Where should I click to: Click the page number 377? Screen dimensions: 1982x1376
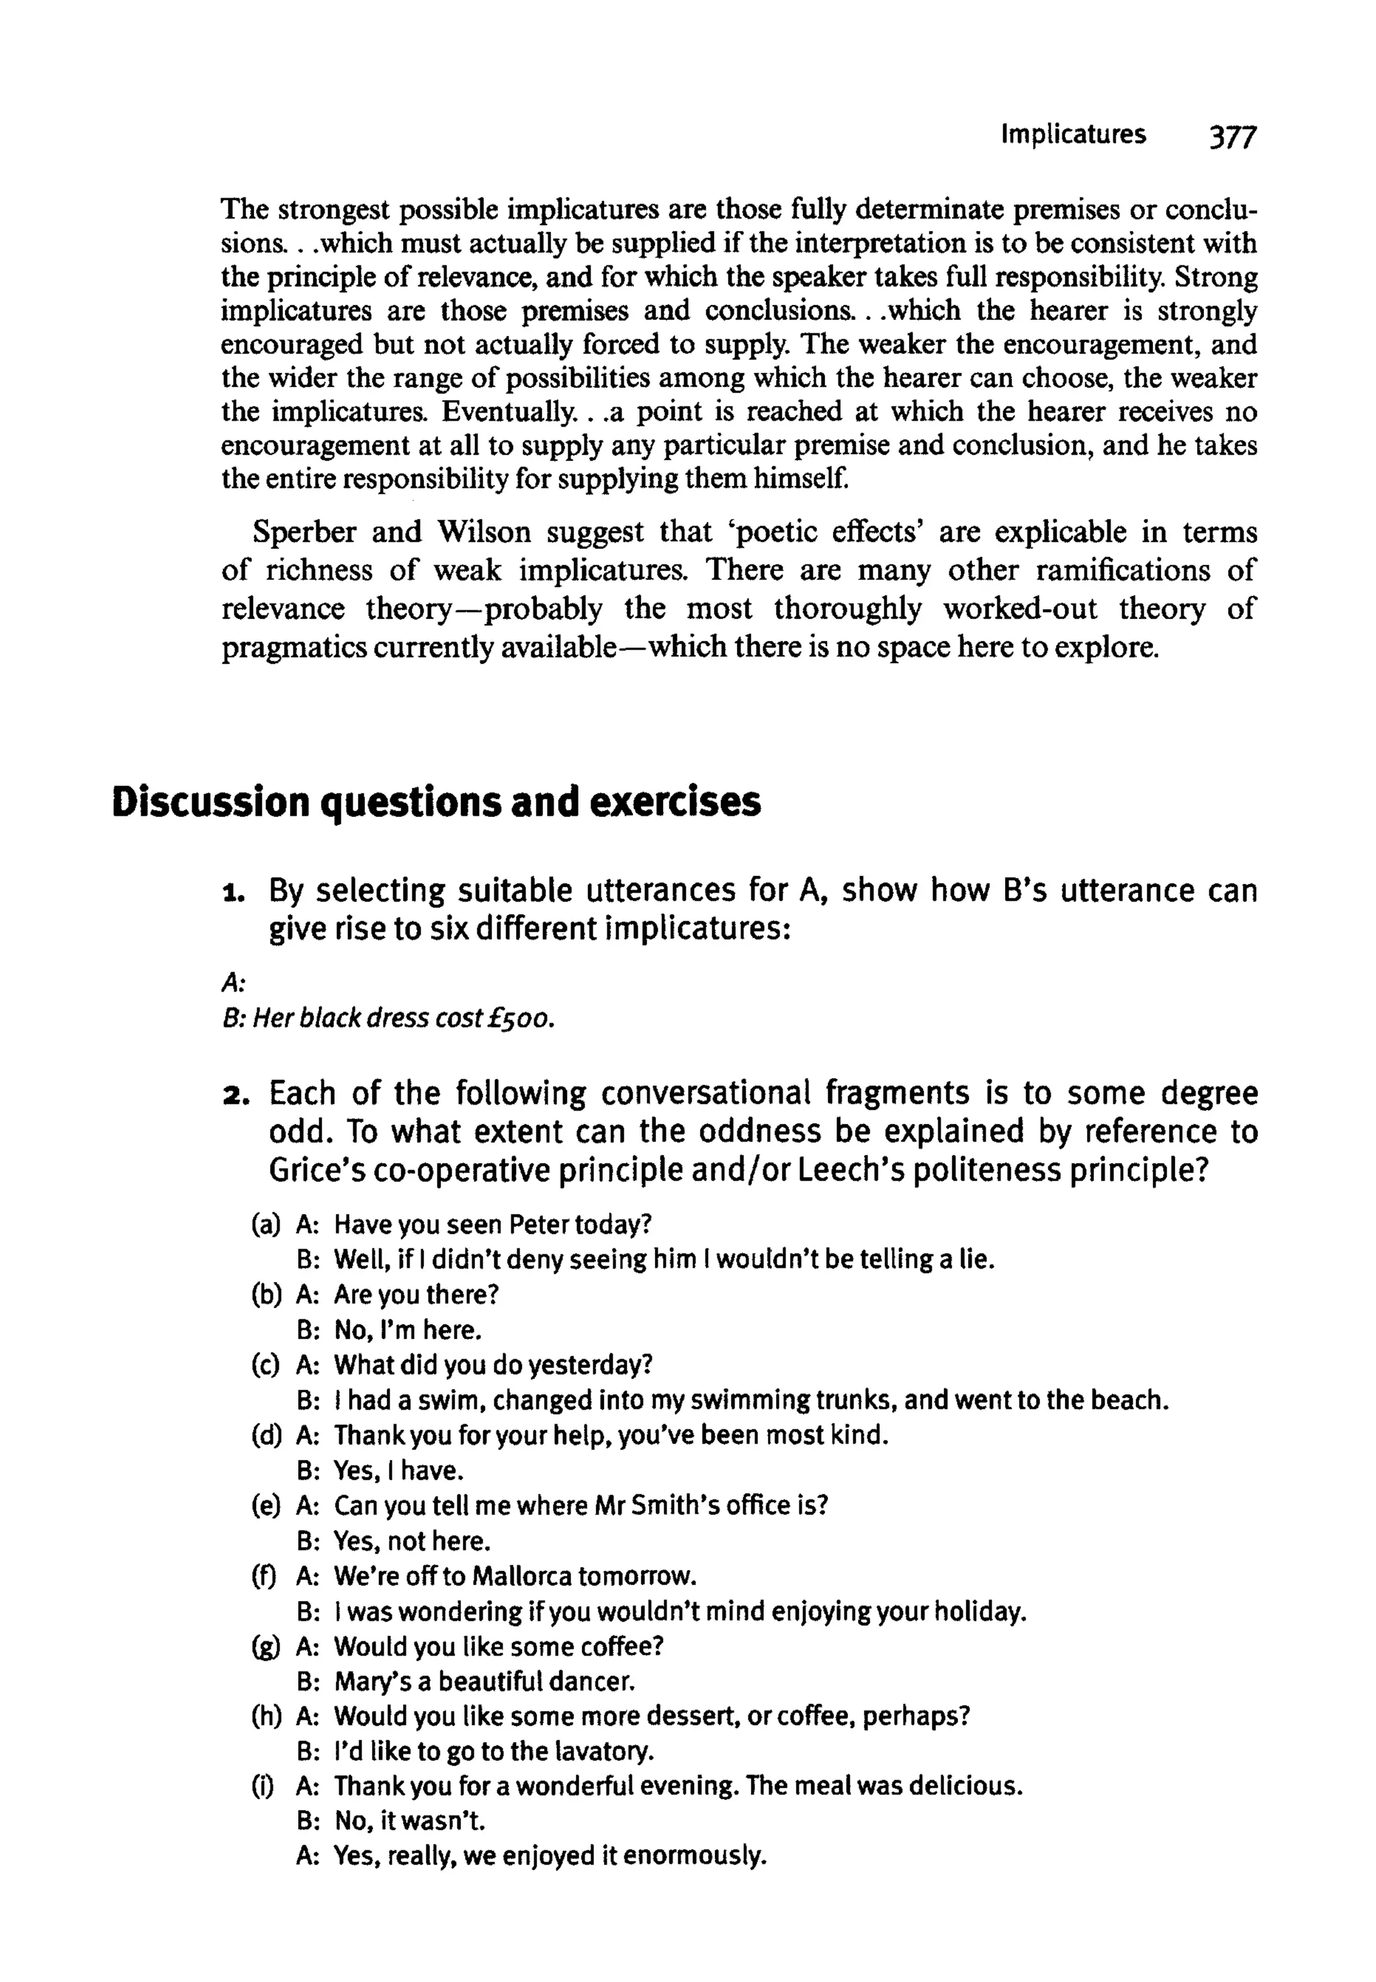(x=1234, y=137)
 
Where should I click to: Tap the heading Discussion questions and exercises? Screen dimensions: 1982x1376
(x=436, y=802)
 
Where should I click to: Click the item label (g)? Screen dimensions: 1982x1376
(x=265, y=1646)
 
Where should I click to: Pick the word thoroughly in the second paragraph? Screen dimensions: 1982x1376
(x=849, y=609)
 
